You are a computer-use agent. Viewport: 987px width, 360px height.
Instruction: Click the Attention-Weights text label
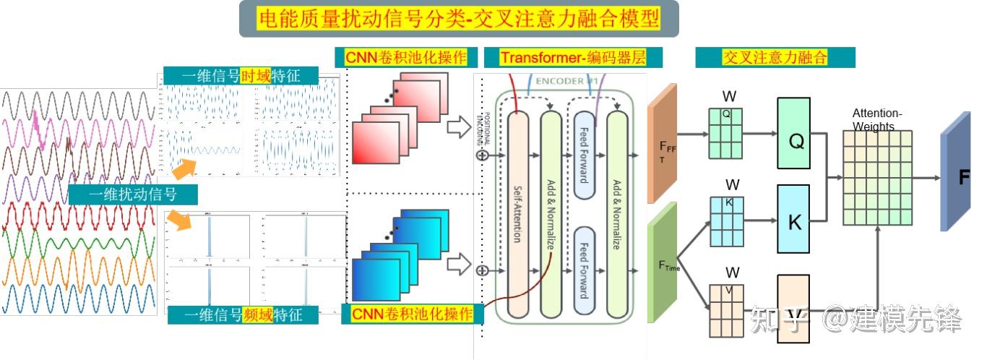(x=877, y=120)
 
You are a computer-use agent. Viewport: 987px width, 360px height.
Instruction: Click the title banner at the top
(x=459, y=19)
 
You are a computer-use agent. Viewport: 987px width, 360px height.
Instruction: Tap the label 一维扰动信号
(x=133, y=194)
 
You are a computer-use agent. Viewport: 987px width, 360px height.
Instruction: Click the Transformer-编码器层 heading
(x=573, y=58)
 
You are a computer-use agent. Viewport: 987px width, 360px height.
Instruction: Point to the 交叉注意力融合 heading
(x=775, y=58)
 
